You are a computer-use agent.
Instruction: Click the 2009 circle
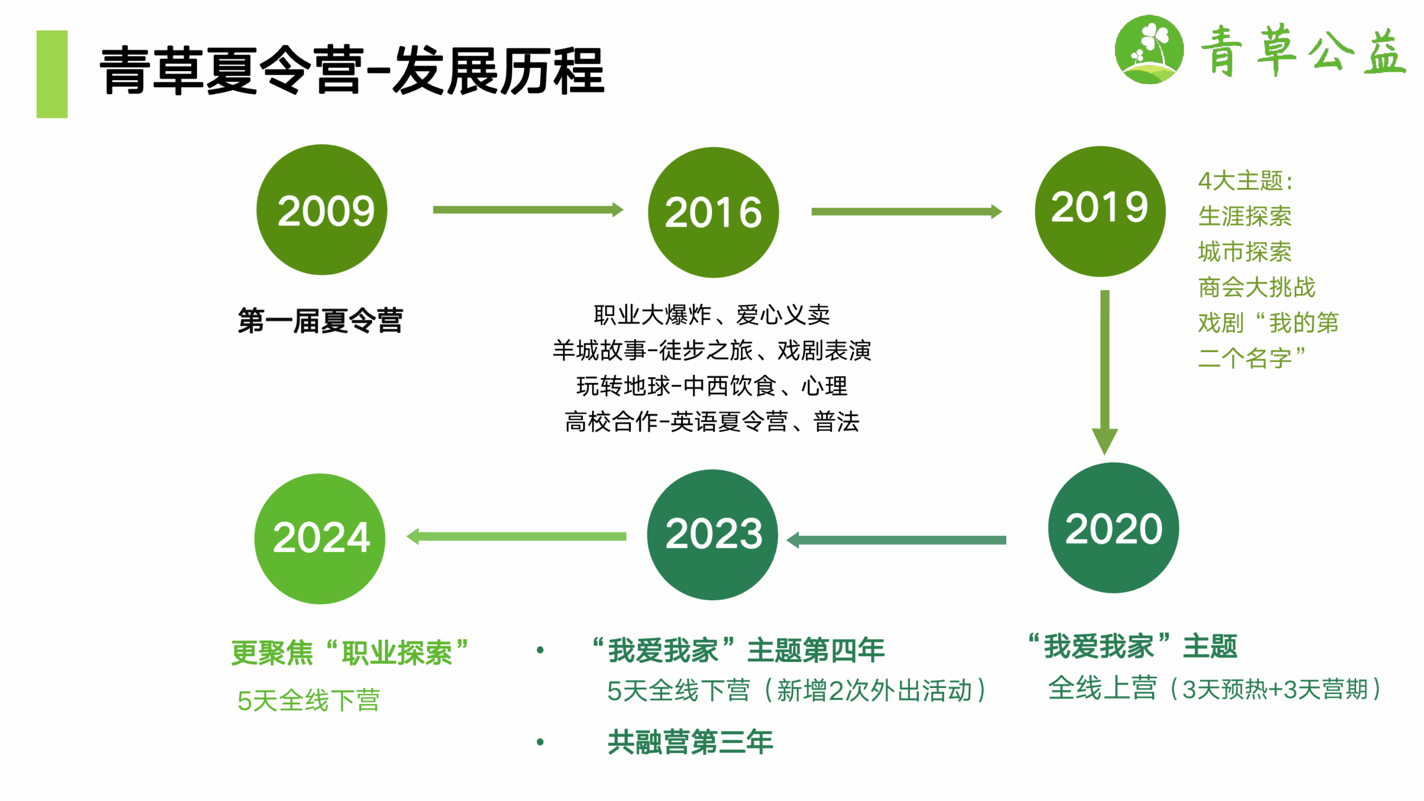point(322,210)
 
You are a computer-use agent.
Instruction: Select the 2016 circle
point(713,212)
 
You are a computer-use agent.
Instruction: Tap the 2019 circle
point(1100,211)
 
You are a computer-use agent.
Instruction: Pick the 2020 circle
point(1113,528)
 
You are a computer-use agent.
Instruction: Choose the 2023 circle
point(712,535)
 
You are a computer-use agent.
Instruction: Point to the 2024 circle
point(320,538)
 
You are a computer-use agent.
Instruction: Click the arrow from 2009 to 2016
point(528,210)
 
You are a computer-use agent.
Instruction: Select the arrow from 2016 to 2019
point(907,211)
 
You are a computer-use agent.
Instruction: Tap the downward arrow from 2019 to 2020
point(1105,373)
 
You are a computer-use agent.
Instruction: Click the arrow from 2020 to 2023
point(896,540)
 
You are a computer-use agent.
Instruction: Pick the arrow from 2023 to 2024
point(516,536)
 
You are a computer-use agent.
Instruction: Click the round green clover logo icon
point(1149,50)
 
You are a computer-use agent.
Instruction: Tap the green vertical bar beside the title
point(52,74)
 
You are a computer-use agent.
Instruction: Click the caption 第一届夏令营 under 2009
point(320,321)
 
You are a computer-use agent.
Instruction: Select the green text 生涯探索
point(1244,216)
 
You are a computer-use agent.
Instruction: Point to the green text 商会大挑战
point(1257,288)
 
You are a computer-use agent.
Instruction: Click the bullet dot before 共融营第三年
point(540,742)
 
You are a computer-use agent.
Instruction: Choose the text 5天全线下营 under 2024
point(309,700)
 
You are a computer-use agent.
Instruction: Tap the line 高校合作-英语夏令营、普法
point(712,422)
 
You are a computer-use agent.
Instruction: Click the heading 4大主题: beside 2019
point(1245,181)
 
